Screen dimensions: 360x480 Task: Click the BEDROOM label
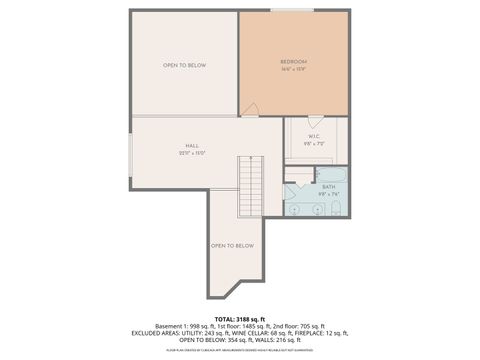pyautogui.click(x=293, y=62)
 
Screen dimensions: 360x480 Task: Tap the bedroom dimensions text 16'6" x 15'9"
pyautogui.click(x=293, y=69)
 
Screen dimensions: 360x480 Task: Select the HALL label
pyautogui.click(x=192, y=146)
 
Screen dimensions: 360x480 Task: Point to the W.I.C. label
pyautogui.click(x=315, y=137)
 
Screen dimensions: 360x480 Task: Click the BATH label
pyautogui.click(x=329, y=187)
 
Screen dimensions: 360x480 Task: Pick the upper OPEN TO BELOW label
pyautogui.click(x=184, y=65)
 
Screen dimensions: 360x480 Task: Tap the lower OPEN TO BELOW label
pyautogui.click(x=232, y=245)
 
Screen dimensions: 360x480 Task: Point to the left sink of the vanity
pyautogui.click(x=296, y=209)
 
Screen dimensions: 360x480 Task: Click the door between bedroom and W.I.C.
pyautogui.click(x=315, y=121)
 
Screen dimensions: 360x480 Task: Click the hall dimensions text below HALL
pyautogui.click(x=192, y=153)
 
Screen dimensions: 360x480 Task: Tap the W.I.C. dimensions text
pyautogui.click(x=315, y=144)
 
